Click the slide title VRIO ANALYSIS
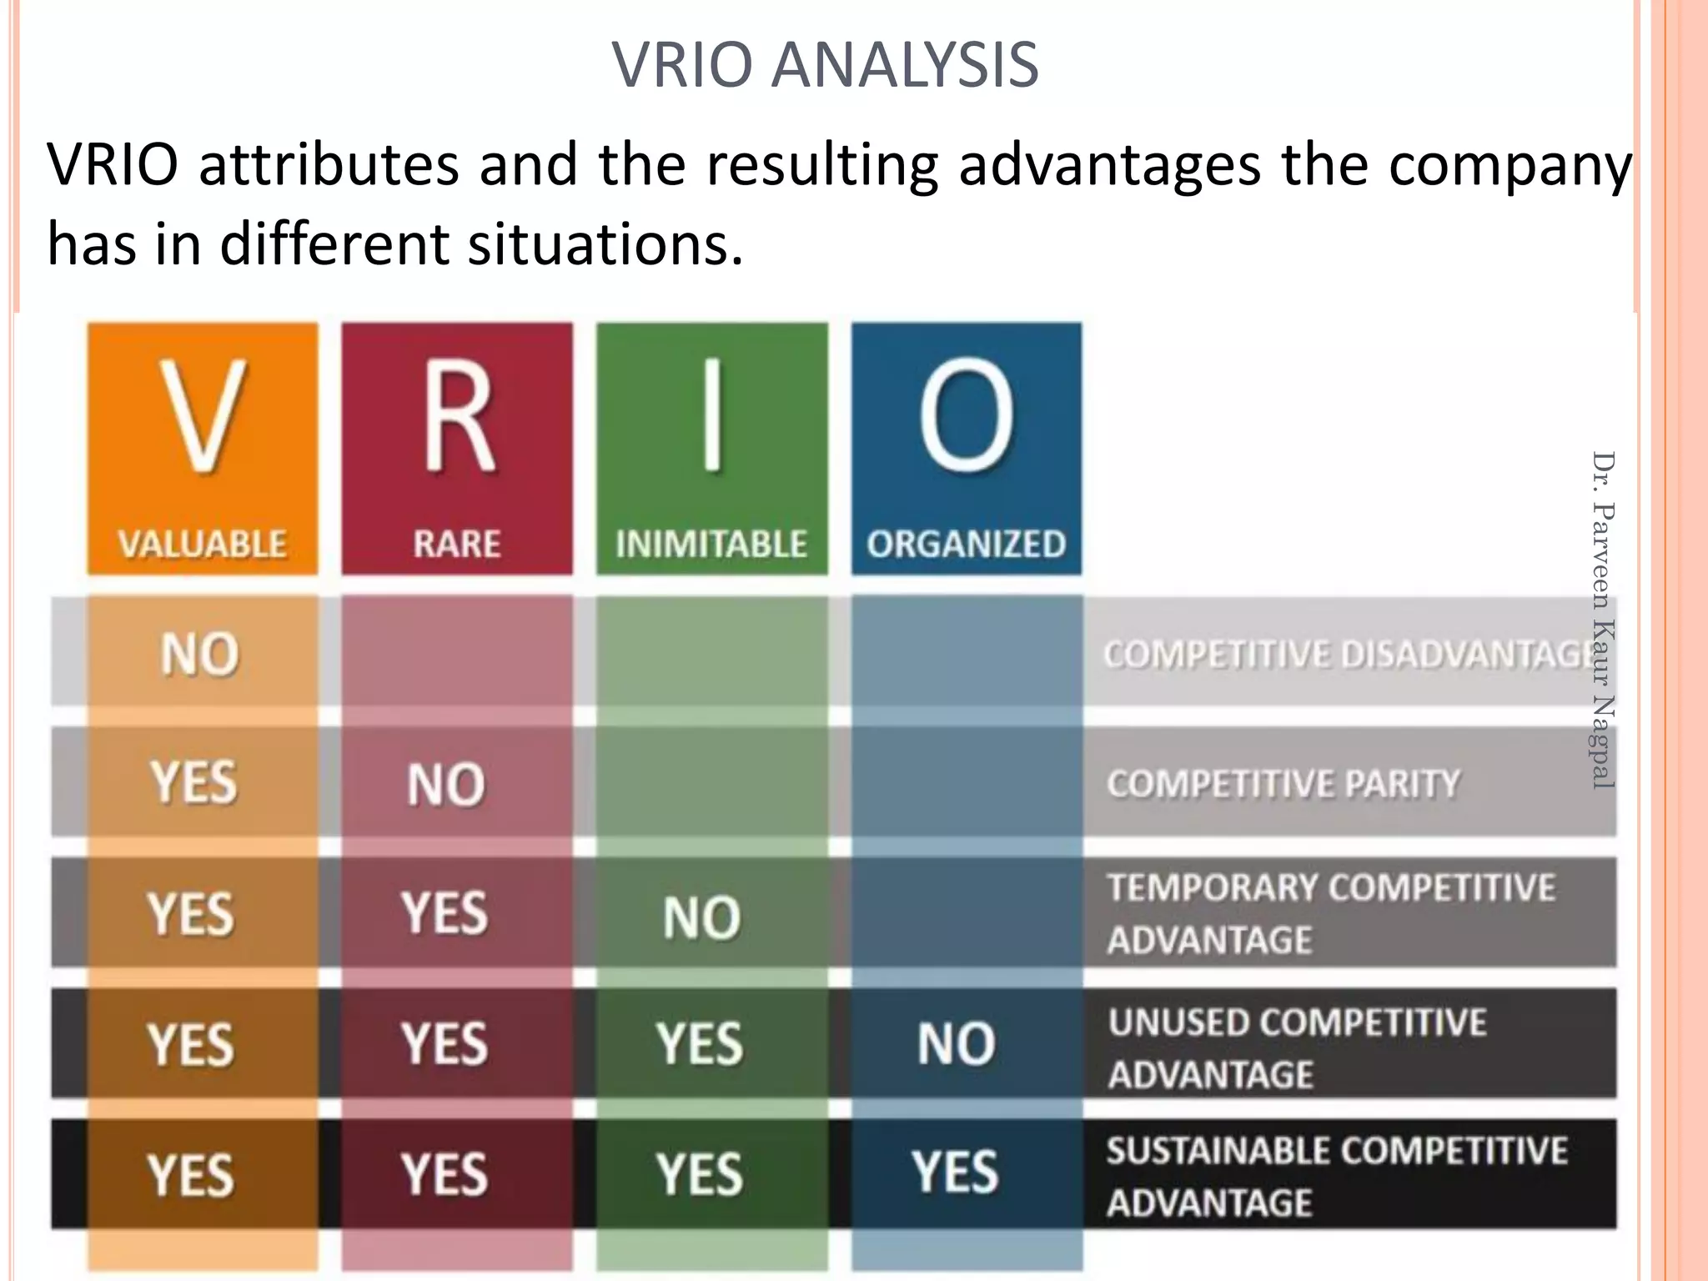[825, 65]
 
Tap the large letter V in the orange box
[203, 417]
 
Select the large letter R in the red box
[458, 417]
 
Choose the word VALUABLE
[203, 545]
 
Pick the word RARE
[457, 545]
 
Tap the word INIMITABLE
[711, 545]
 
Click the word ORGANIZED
[967, 545]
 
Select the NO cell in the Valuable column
[200, 654]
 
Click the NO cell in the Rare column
[446, 785]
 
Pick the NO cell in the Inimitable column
[701, 917]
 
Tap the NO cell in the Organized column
[957, 1043]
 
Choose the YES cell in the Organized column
[955, 1172]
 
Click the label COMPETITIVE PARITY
[1284, 784]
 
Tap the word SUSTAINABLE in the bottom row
[1218, 1152]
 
